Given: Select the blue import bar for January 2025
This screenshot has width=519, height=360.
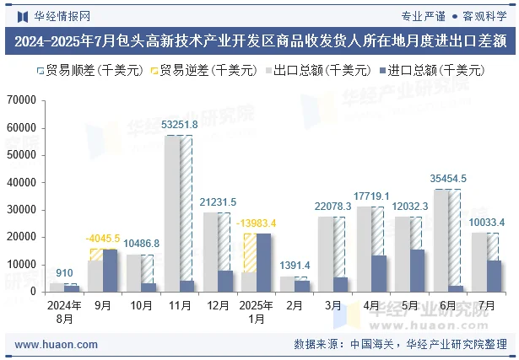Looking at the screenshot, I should pyautogui.click(x=263, y=262).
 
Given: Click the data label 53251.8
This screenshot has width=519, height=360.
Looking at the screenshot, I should pyautogui.click(x=179, y=125).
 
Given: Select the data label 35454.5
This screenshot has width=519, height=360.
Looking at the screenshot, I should pyautogui.click(x=448, y=179).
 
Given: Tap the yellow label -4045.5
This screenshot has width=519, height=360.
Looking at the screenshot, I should pyautogui.click(x=102, y=239).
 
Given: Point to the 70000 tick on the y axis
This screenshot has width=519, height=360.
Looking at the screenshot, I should pyautogui.click(x=20, y=100).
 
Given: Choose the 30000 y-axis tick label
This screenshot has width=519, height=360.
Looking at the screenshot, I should pyautogui.click(x=20, y=210).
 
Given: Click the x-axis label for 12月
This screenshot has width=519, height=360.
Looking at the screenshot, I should pyautogui.click(x=218, y=304).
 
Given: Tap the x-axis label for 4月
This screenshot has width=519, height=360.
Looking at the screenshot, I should pyautogui.click(x=371, y=304).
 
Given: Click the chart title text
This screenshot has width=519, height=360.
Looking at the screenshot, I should pyautogui.click(x=259, y=40).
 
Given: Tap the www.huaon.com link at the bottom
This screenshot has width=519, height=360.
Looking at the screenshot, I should pyautogui.click(x=57, y=344).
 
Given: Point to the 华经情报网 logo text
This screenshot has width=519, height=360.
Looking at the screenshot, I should pyautogui.click(x=62, y=15).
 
